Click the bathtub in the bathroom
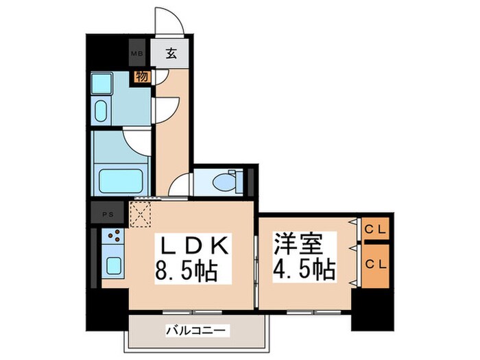coord(123,180)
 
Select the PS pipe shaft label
coord(108,213)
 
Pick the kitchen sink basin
coord(112,266)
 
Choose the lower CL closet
coord(374,263)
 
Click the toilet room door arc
coord(182,185)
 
